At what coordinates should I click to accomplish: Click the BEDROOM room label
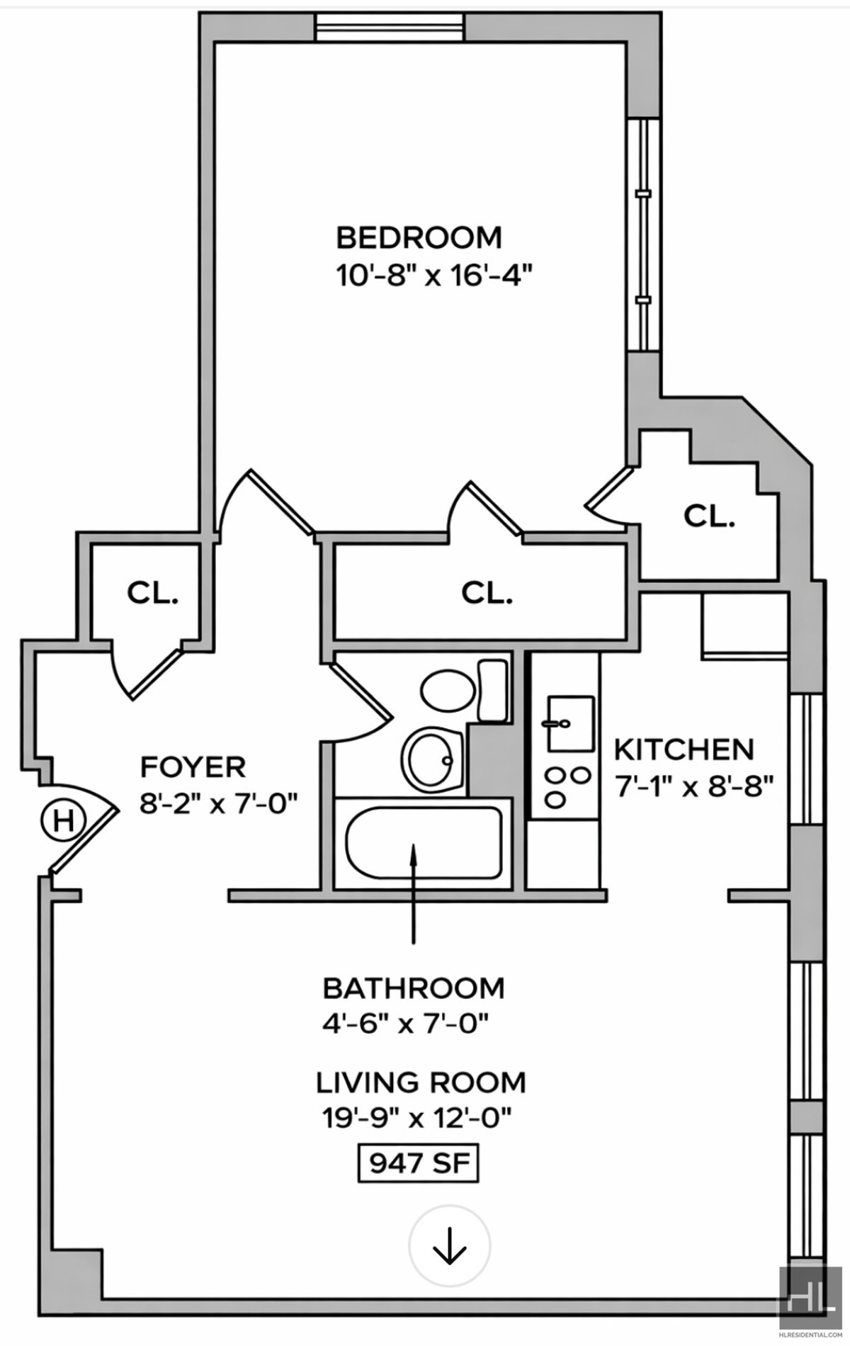point(419,238)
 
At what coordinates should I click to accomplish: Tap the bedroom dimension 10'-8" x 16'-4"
point(433,276)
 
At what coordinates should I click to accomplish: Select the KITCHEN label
point(684,750)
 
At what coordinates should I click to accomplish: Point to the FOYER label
point(193,767)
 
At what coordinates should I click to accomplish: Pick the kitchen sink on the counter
point(568,723)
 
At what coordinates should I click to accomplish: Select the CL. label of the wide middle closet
point(487,592)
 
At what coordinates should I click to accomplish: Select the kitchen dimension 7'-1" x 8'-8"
point(693,786)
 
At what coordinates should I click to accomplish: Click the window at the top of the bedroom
point(390,28)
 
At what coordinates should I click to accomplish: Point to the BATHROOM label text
point(414,988)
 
